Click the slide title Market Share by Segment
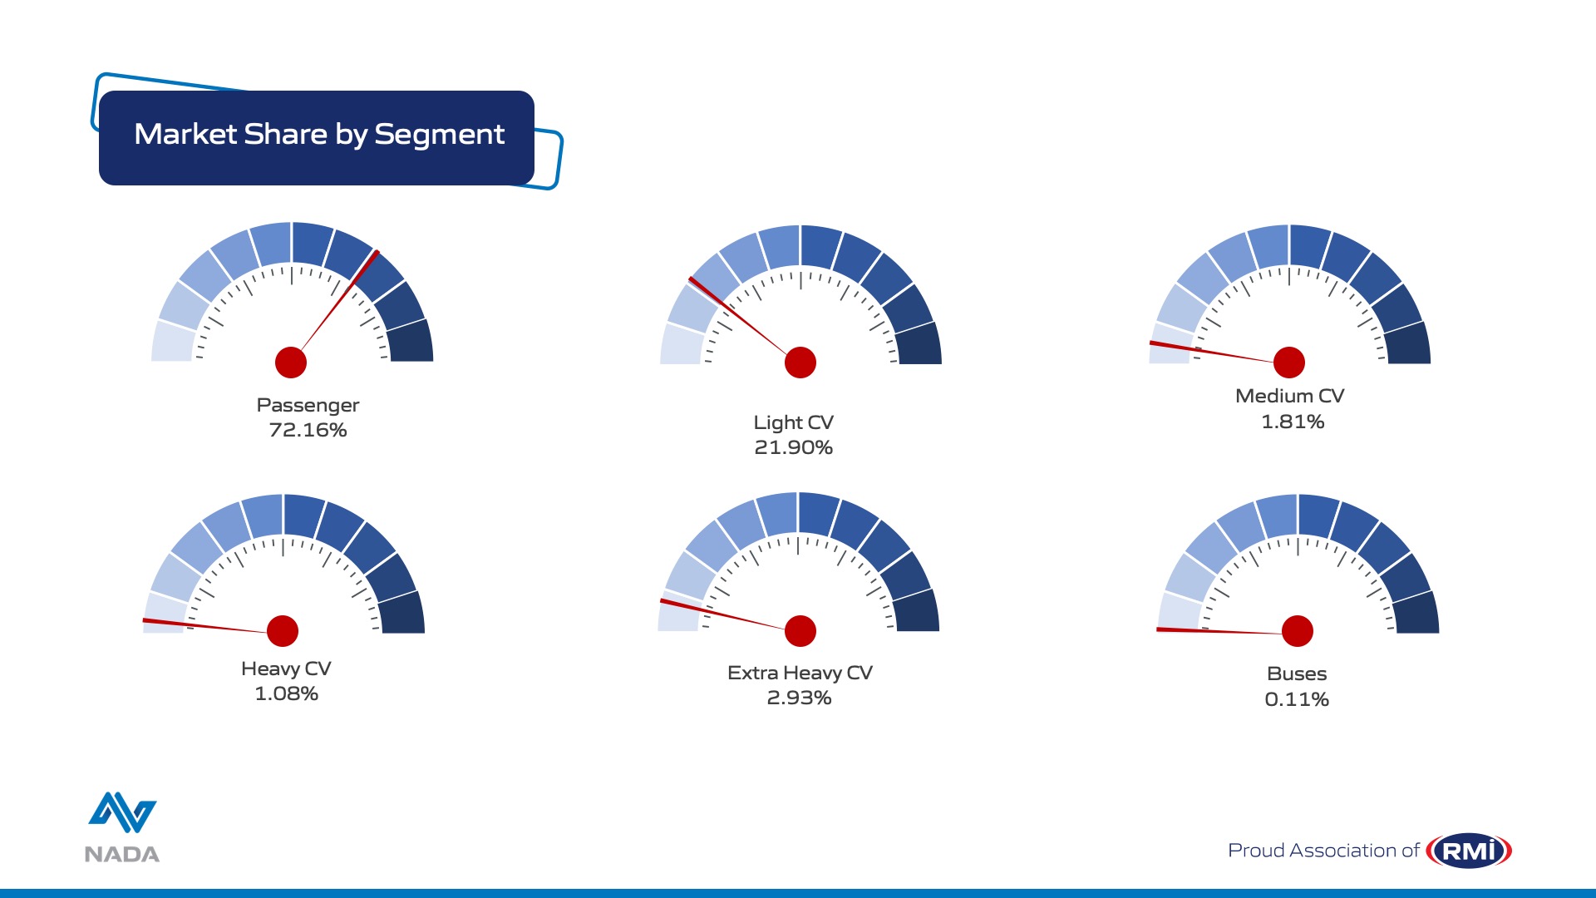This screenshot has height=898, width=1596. (x=319, y=135)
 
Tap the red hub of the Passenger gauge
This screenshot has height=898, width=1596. (x=291, y=363)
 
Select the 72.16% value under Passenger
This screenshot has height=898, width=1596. (x=308, y=430)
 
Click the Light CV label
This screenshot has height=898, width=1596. (x=793, y=423)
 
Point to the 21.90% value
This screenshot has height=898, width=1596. (x=793, y=447)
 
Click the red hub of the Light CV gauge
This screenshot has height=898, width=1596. (x=800, y=363)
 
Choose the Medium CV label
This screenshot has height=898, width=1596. (x=1289, y=396)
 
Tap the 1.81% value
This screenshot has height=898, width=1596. (x=1293, y=422)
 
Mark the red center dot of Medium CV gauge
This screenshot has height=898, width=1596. (x=1289, y=363)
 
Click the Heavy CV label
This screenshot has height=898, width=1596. (x=286, y=669)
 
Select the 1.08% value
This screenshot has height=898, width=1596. (x=286, y=693)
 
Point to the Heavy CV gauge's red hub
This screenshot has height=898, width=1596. (x=283, y=631)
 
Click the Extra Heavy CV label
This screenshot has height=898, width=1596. (x=800, y=673)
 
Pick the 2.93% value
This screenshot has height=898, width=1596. (x=799, y=698)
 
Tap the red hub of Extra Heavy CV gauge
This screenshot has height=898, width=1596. (x=800, y=631)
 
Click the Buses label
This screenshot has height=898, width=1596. (x=1297, y=673)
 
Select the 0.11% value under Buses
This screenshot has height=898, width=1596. (x=1297, y=699)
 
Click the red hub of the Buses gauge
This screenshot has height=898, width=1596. (x=1298, y=631)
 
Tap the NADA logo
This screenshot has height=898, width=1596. (x=122, y=827)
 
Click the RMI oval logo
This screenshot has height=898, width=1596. (x=1469, y=851)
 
